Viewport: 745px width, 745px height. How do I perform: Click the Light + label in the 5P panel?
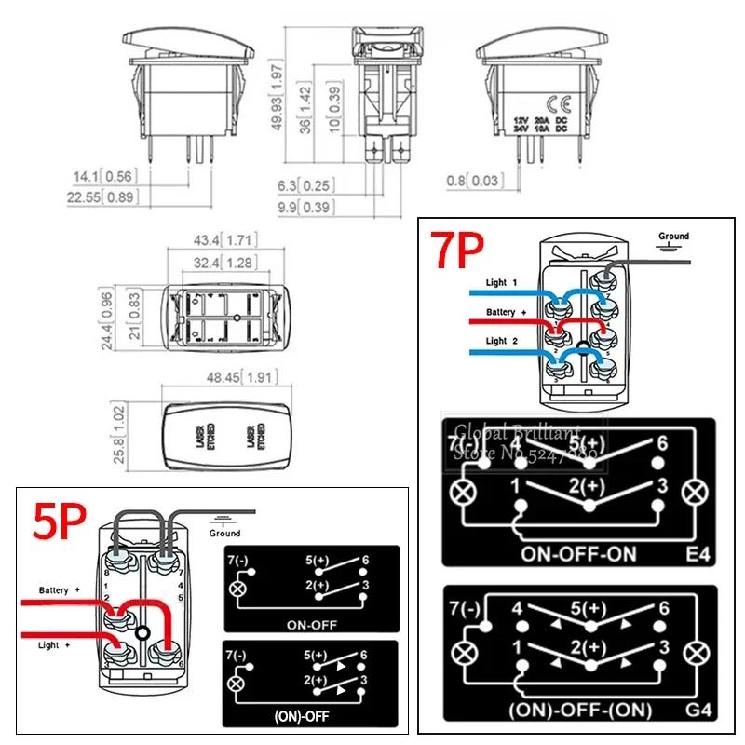click(x=48, y=644)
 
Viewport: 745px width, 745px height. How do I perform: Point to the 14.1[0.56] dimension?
click(x=104, y=175)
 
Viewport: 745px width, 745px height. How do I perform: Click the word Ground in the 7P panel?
click(x=672, y=237)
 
